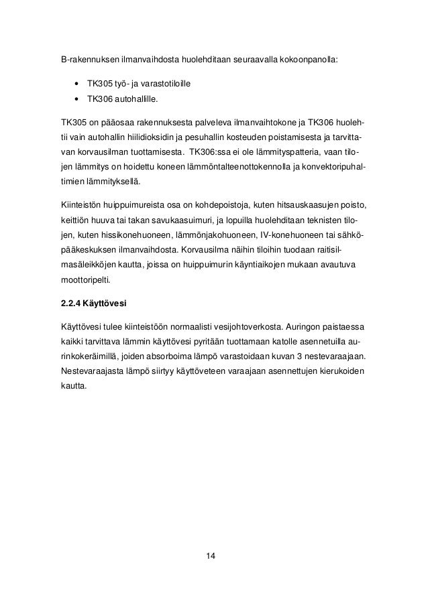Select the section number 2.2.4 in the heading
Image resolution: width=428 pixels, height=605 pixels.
71,301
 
